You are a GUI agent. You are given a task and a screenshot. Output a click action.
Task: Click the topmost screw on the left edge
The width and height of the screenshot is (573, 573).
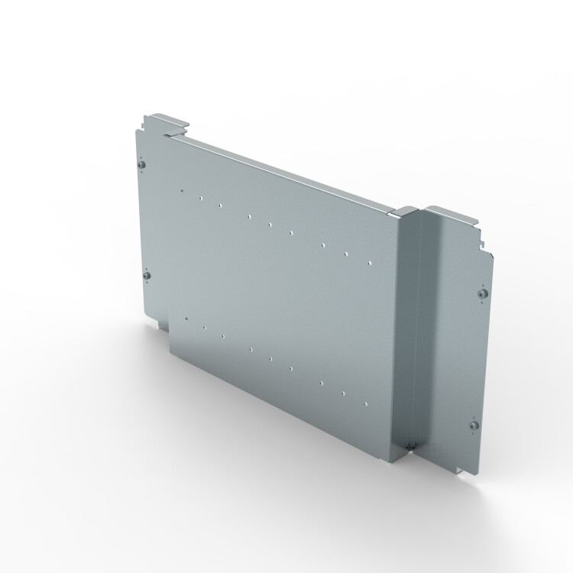[142, 163]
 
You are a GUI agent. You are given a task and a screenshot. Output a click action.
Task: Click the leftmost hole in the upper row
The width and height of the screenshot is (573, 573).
[182, 191]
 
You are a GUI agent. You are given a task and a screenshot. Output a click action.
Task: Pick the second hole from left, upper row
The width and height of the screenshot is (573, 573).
[199, 199]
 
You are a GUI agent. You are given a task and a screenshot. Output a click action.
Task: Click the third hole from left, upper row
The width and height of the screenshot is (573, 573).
[219, 206]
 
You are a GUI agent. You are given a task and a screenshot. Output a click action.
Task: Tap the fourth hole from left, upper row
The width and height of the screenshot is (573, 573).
[249, 217]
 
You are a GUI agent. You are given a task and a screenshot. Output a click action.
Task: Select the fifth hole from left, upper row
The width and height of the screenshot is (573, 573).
[270, 225]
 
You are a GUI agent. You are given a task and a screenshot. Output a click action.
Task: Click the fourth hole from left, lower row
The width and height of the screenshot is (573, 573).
[250, 350]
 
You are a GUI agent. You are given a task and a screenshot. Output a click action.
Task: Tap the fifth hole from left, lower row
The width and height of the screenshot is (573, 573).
[270, 358]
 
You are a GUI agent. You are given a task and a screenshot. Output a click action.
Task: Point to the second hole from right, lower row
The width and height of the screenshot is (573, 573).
[343, 393]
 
